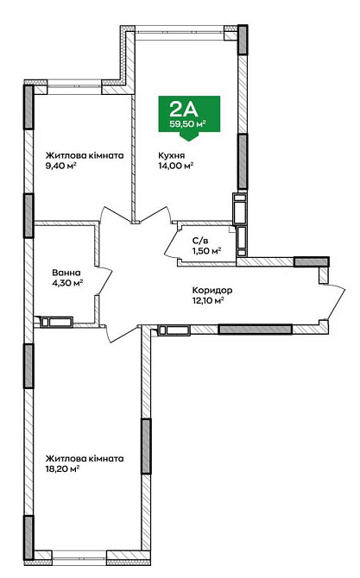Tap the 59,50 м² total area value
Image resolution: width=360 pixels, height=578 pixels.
point(187,124)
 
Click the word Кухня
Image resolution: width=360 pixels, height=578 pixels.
point(172,155)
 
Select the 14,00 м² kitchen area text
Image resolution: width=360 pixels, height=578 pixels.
point(176,166)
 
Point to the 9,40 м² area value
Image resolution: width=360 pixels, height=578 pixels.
point(60,166)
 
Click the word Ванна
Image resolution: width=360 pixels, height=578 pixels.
point(66,273)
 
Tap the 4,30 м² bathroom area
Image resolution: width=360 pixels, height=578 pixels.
point(67,283)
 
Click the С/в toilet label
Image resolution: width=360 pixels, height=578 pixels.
point(200,241)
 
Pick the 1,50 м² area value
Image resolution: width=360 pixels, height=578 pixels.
point(206,251)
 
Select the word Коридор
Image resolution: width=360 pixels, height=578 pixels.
point(212,291)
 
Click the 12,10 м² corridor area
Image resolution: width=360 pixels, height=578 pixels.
point(208,301)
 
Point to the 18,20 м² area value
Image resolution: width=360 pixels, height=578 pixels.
point(62,469)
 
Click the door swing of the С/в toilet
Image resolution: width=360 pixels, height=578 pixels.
point(171,244)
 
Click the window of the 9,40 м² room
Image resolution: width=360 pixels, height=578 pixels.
point(74,87)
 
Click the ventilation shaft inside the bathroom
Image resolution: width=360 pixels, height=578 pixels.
point(56,322)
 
